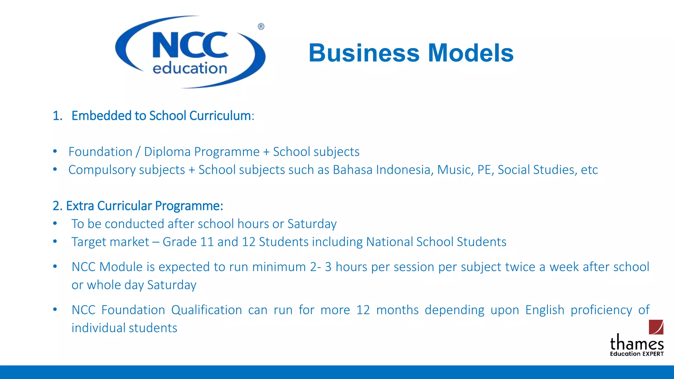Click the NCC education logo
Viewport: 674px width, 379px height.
pyautogui.click(x=190, y=52)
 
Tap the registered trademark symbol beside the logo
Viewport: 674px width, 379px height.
pyautogui.click(x=261, y=26)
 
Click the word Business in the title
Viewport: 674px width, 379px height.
pyautogui.click(x=364, y=53)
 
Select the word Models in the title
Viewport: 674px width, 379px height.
pyautogui.click(x=471, y=53)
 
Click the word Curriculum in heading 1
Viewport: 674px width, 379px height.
pyautogui.click(x=220, y=116)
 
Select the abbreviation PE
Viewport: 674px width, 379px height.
pyautogui.click(x=485, y=170)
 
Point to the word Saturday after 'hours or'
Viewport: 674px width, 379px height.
pyautogui.click(x=312, y=224)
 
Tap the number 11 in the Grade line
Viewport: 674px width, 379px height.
pyautogui.click(x=207, y=242)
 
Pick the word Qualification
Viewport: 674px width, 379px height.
pyautogui.click(x=206, y=310)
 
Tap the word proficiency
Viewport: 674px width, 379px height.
pyautogui.click(x=601, y=310)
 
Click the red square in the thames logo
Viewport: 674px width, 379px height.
pyautogui.click(x=656, y=327)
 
